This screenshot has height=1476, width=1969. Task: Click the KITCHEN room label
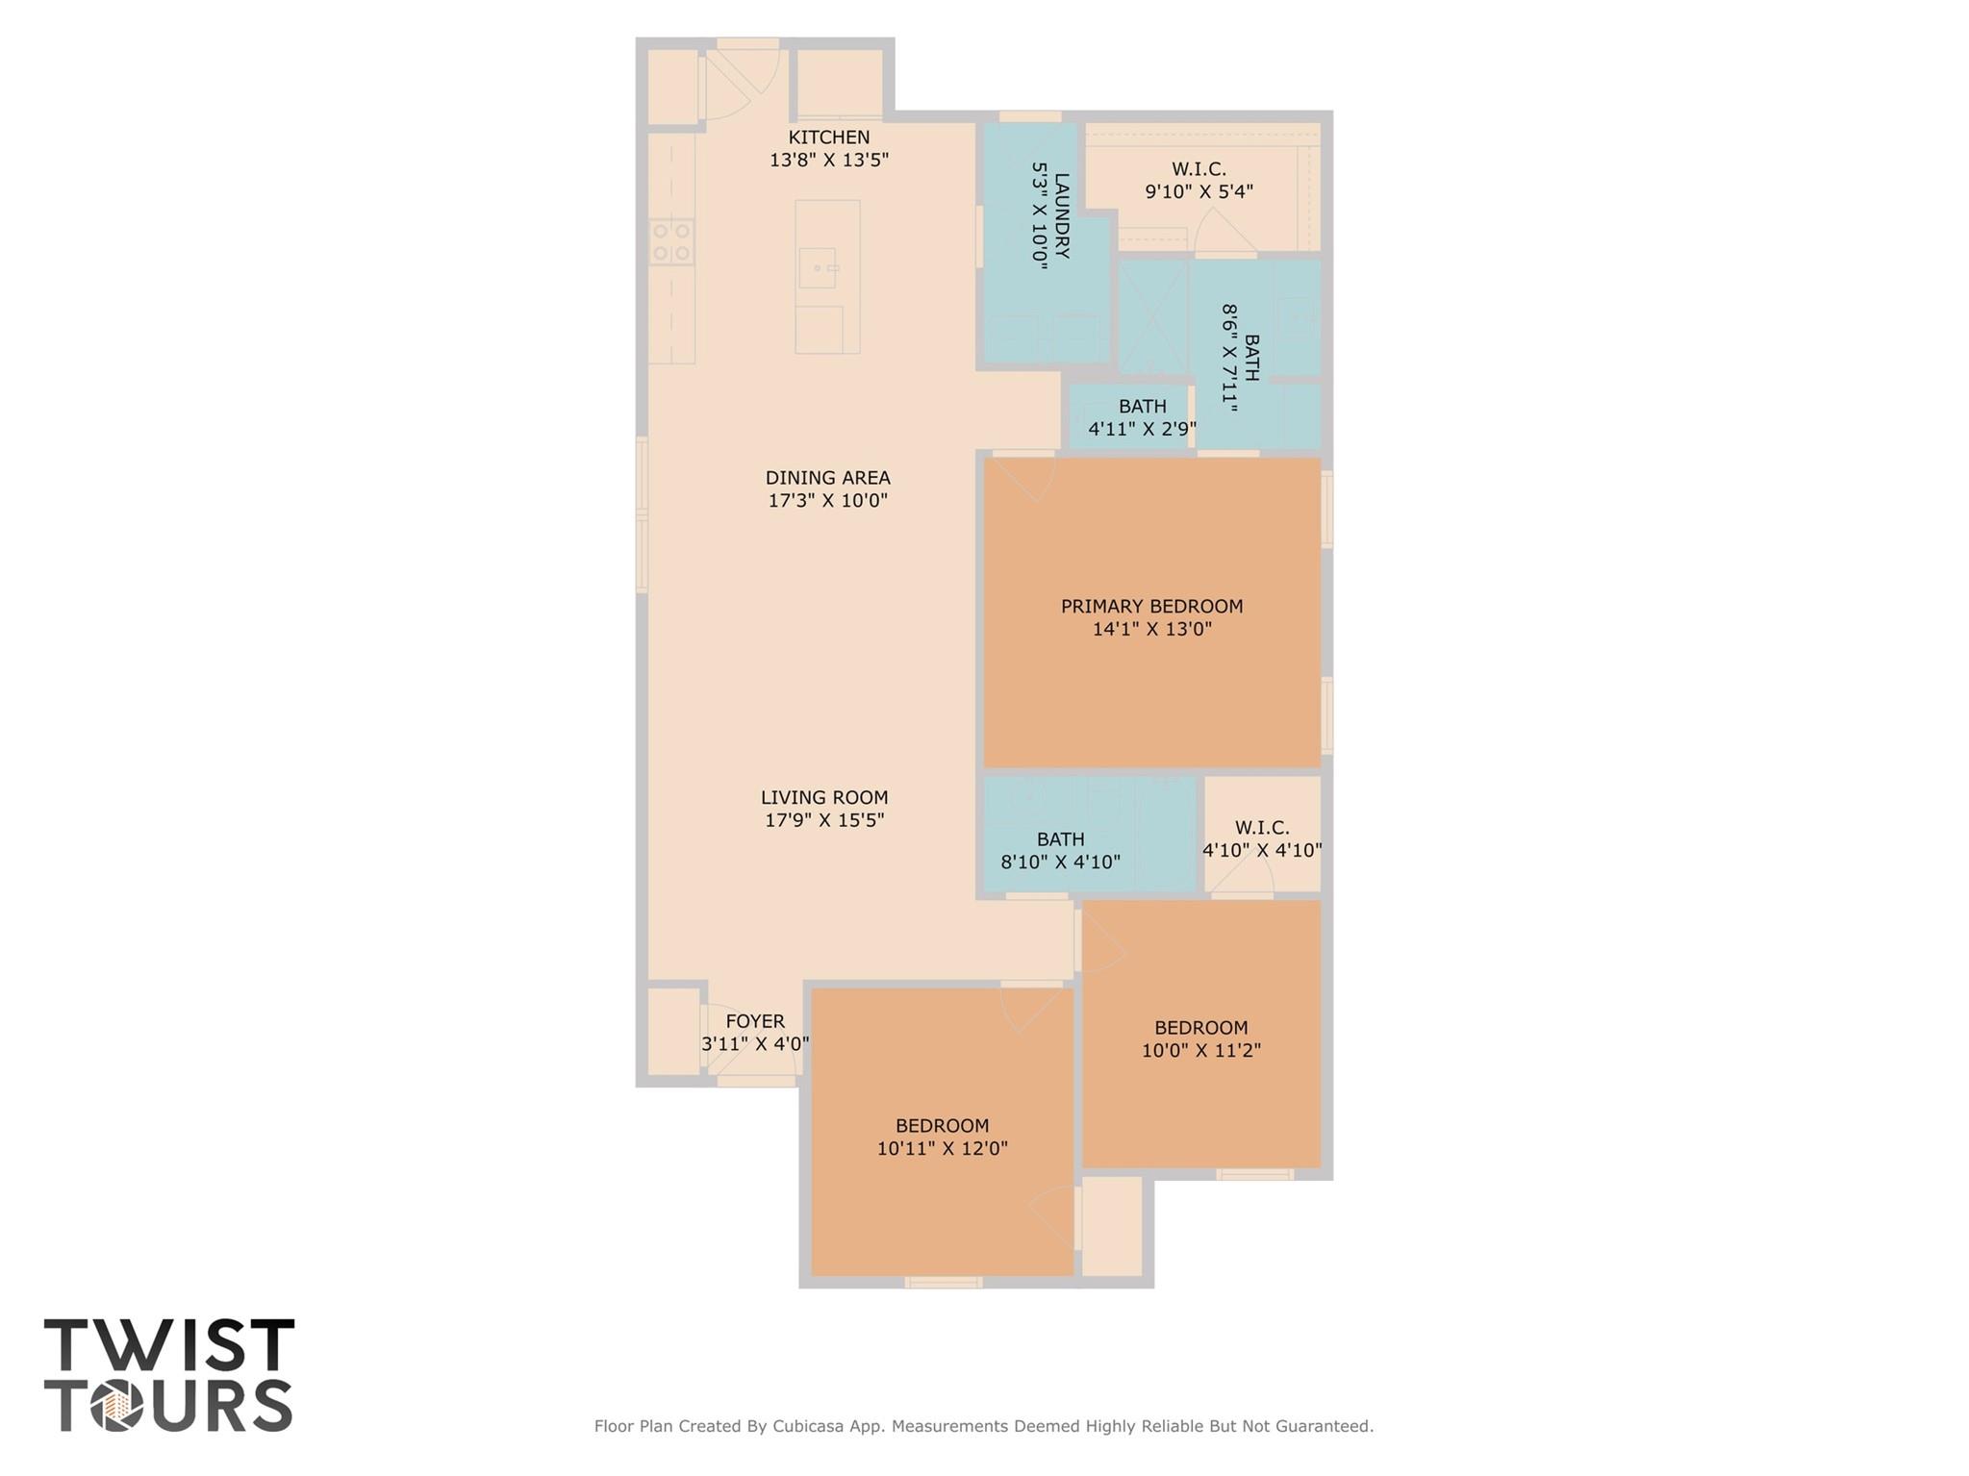[828, 138]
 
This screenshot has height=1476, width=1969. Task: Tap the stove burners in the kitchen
[671, 241]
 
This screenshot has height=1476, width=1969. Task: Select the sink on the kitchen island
[818, 267]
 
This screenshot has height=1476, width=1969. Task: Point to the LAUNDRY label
[1061, 215]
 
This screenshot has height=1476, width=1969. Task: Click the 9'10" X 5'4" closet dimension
[1199, 191]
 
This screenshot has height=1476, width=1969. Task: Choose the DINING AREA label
[827, 478]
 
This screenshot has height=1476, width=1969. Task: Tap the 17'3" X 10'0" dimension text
[827, 501]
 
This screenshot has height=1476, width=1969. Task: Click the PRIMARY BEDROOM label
[1151, 607]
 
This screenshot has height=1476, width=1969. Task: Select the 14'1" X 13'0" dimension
[1151, 630]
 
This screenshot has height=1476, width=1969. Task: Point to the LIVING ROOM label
[824, 797]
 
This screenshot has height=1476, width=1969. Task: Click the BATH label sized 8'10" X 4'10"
[1060, 839]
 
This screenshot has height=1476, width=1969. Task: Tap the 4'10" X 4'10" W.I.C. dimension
[1262, 851]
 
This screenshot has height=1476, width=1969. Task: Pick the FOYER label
[755, 1021]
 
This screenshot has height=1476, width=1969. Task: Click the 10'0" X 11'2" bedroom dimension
[1200, 1051]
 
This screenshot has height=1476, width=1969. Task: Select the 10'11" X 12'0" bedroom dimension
[942, 1149]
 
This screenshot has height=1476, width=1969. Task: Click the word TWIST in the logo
[169, 1346]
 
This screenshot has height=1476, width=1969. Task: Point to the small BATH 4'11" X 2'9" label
[1142, 407]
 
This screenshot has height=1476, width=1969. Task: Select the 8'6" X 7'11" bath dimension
[1228, 359]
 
